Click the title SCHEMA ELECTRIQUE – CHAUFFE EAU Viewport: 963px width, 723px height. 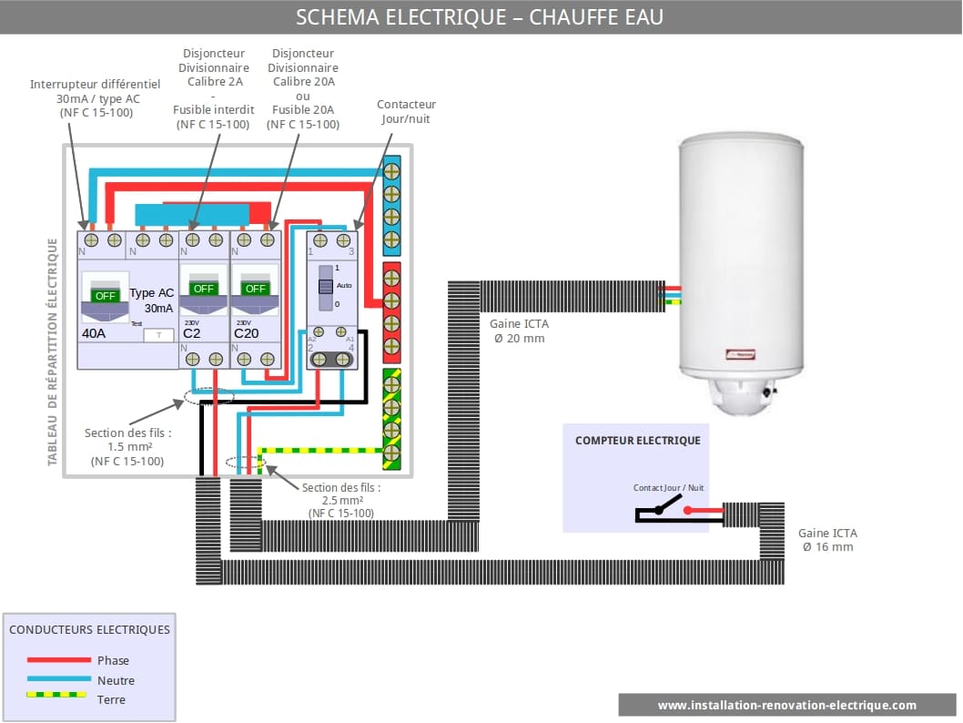(x=481, y=16)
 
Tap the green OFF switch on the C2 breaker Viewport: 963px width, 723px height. (x=204, y=289)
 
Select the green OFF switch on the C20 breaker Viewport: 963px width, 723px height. (x=255, y=289)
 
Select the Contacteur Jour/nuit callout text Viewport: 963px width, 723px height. (x=406, y=111)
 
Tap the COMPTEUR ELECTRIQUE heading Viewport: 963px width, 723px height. (x=637, y=441)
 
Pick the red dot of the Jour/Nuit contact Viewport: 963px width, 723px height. (x=688, y=511)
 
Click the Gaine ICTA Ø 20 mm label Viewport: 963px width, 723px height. (x=519, y=331)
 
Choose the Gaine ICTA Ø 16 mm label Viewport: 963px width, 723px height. (x=827, y=540)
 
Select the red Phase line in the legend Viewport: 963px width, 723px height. (x=59, y=660)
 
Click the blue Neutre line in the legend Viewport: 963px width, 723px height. (x=59, y=679)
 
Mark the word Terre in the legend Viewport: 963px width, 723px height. (x=111, y=699)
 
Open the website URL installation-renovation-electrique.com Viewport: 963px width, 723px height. (x=787, y=705)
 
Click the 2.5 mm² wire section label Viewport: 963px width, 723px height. (x=341, y=500)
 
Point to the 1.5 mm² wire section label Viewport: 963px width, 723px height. (x=127, y=447)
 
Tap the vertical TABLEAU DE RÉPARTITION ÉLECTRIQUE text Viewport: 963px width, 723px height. (x=53, y=351)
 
